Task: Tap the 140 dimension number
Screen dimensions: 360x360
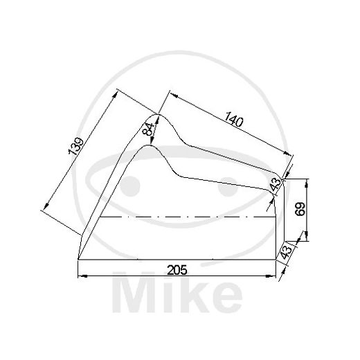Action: (x=233, y=120)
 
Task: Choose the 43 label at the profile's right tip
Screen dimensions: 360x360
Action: (x=276, y=184)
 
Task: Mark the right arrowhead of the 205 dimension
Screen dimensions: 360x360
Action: (x=274, y=276)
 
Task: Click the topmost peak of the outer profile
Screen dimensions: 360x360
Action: (x=160, y=114)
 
